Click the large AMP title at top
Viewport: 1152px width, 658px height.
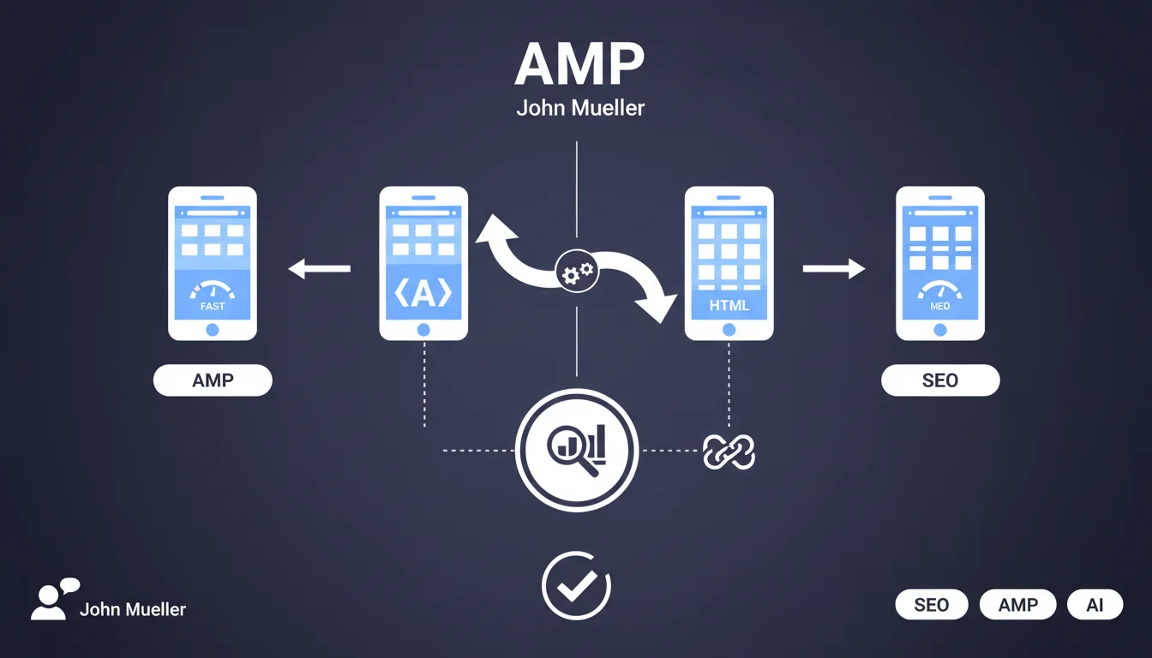coord(579,64)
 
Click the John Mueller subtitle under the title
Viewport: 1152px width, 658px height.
coord(580,109)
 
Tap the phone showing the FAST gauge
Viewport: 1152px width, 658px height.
coord(213,263)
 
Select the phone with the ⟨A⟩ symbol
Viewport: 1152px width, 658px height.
coord(423,263)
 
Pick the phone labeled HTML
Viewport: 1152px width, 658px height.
coord(729,263)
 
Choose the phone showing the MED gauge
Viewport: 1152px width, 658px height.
coord(939,263)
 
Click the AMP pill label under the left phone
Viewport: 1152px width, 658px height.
coord(213,380)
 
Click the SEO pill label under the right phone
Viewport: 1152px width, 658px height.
coord(939,380)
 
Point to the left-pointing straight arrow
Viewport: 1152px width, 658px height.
coord(319,269)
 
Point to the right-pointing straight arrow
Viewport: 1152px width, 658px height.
coord(833,269)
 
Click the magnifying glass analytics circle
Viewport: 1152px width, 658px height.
coord(576,449)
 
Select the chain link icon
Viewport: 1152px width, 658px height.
coord(728,451)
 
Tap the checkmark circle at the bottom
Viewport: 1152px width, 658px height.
coord(576,585)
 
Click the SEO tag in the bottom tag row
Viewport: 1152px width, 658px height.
coord(931,605)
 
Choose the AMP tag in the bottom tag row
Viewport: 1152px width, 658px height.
coord(1018,605)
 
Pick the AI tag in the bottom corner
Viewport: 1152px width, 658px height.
coord(1095,605)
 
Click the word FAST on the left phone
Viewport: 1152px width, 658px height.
coord(213,306)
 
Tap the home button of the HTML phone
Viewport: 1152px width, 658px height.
coord(729,330)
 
